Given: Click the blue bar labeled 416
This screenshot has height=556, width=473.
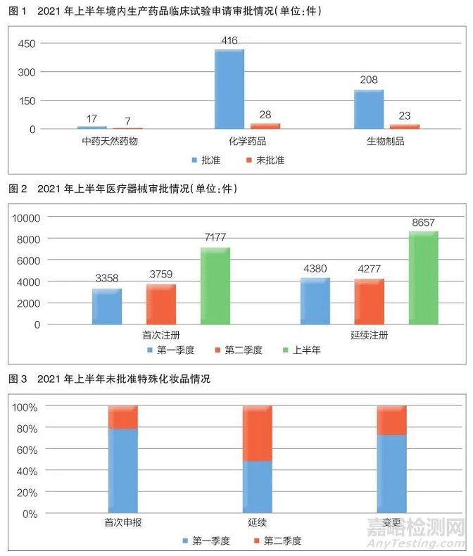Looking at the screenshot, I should tap(229, 89).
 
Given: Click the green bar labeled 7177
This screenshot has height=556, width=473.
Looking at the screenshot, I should tap(215, 286).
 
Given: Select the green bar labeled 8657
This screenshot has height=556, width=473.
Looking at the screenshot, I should tap(424, 278).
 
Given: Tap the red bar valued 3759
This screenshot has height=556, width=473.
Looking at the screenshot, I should tap(161, 304).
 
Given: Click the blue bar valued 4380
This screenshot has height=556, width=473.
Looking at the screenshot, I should tap(315, 301).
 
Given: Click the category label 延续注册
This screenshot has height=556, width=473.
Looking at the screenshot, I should tap(370, 336).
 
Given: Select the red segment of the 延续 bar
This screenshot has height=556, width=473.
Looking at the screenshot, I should tap(257, 434).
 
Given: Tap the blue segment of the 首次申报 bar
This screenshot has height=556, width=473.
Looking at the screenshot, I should tap(122, 470).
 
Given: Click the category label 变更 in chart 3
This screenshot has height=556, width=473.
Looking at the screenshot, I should tap(391, 523).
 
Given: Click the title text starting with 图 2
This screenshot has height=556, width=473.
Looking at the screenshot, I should tap(123, 189).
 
